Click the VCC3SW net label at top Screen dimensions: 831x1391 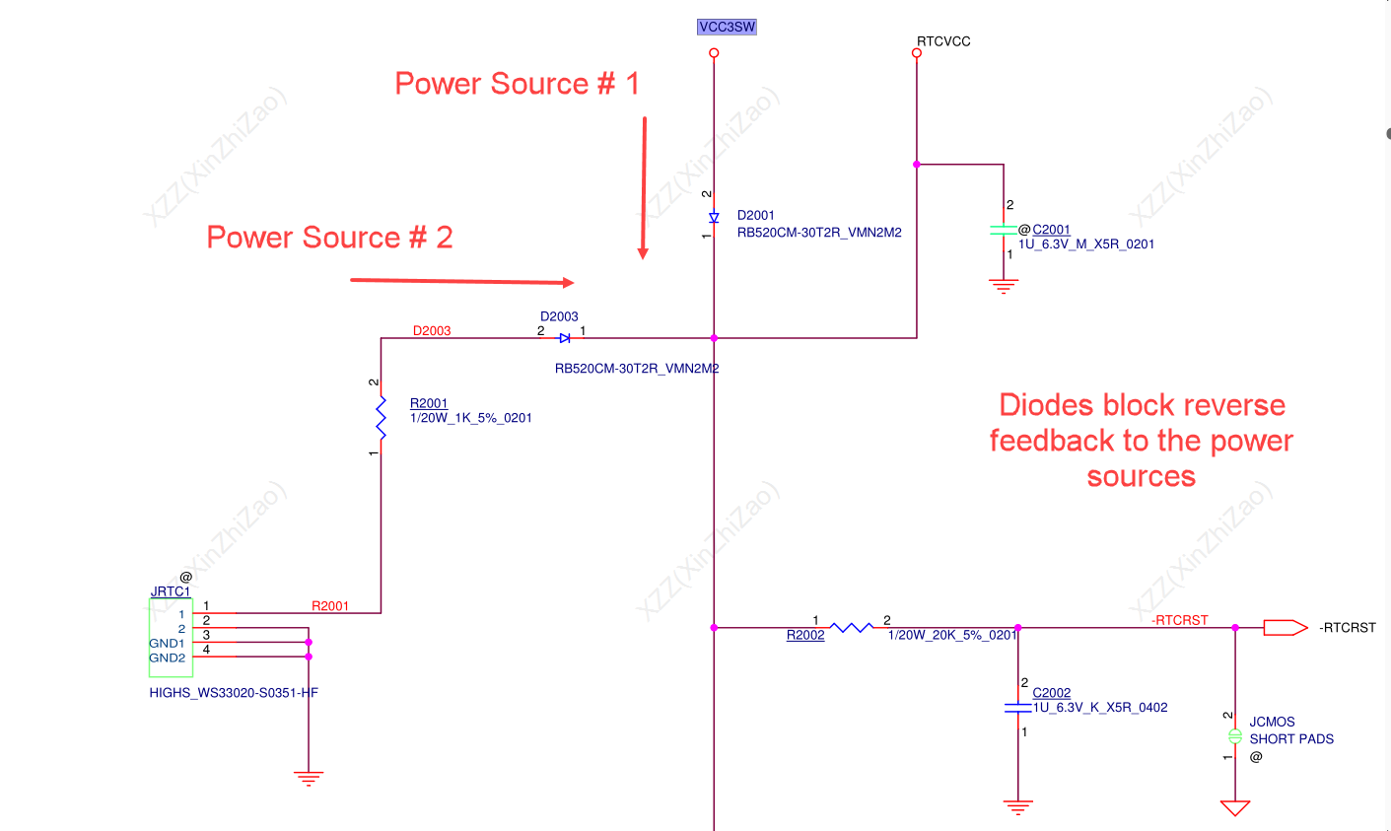tap(727, 27)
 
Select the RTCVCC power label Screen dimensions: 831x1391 tap(943, 41)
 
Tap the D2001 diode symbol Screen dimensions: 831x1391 tap(714, 217)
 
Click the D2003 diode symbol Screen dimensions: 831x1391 tap(564, 338)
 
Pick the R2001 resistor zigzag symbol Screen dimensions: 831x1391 tap(381, 418)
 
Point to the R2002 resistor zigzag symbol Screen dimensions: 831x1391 tap(851, 627)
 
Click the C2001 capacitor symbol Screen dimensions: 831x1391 tap(1004, 230)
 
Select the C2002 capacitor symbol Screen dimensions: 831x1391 tap(1017, 708)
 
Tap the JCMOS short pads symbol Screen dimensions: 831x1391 tap(1234, 736)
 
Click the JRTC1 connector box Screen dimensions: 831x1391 tap(171, 637)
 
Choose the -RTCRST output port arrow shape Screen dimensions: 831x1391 tap(1285, 627)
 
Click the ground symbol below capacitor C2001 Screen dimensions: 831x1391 tap(1004, 286)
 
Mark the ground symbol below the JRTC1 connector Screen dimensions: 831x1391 tap(309, 778)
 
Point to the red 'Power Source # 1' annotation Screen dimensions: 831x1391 tap(517, 84)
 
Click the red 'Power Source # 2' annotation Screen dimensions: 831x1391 tap(329, 238)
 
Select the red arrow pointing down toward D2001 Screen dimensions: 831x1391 tap(644, 187)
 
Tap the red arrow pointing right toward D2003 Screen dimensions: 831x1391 tap(462, 282)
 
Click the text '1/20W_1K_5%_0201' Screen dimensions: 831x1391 tap(470, 418)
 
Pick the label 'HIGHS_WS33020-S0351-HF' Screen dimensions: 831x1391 tap(234, 692)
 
